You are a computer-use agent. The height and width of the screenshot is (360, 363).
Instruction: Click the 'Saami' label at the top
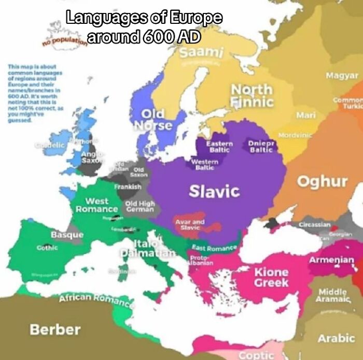tap(202, 52)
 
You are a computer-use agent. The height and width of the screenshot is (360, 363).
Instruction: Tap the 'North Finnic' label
tap(252, 95)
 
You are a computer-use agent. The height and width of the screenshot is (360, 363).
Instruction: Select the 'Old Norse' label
tap(153, 119)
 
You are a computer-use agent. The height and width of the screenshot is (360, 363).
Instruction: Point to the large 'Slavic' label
tap(214, 191)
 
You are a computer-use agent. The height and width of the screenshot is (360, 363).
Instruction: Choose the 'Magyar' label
tap(342, 76)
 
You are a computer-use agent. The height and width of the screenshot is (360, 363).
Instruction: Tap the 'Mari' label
tap(306, 114)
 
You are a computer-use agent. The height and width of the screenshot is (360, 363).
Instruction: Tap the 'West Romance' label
tap(97, 205)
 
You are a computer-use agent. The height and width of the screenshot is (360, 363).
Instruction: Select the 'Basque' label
tap(67, 235)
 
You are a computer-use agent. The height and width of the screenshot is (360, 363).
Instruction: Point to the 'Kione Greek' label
tap(271, 277)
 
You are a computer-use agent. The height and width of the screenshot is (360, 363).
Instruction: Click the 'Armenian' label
tap(331, 260)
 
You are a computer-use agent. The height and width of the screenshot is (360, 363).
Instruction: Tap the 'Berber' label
tap(55, 329)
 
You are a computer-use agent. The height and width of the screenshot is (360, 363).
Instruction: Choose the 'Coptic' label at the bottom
tap(256, 355)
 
